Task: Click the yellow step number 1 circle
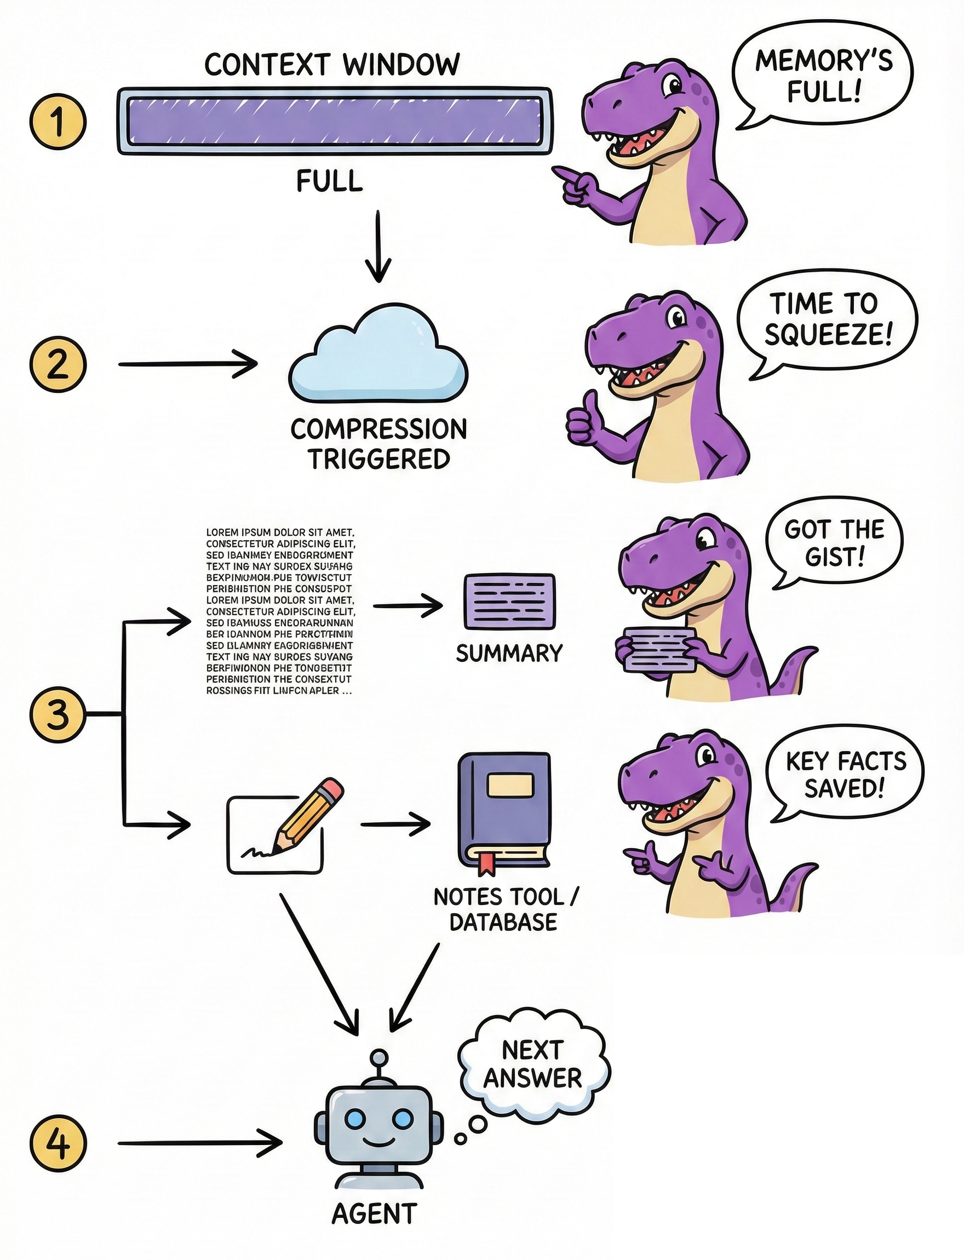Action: click(x=58, y=122)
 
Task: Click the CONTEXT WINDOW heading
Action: click(x=332, y=64)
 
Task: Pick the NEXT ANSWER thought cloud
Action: click(x=533, y=1065)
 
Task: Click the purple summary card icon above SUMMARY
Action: click(x=509, y=602)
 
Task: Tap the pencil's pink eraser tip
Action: click(x=334, y=789)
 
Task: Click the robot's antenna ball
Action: click(x=378, y=1057)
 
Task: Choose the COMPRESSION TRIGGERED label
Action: click(x=378, y=444)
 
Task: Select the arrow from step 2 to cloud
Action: click(x=187, y=364)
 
